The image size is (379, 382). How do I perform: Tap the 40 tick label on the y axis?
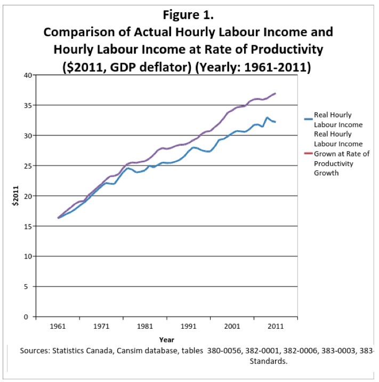click(27, 74)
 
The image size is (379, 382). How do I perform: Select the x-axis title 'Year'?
click(166, 339)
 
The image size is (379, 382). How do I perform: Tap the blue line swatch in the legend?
click(308, 120)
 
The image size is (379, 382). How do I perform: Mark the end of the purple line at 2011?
click(275, 94)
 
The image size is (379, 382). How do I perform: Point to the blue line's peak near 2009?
click(267, 118)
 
